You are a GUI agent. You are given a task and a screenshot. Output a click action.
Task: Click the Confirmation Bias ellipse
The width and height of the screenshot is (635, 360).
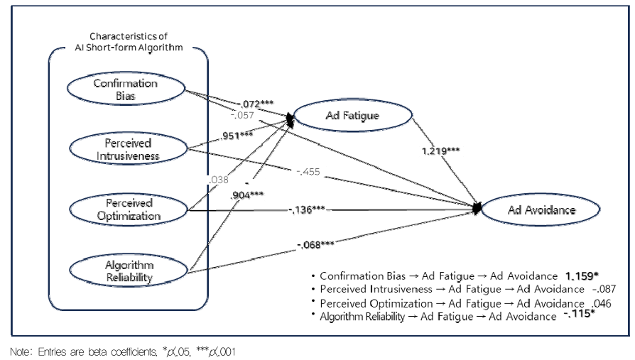tap(125, 89)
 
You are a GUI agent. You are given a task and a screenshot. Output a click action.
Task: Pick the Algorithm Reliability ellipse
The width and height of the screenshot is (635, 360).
tap(125, 270)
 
